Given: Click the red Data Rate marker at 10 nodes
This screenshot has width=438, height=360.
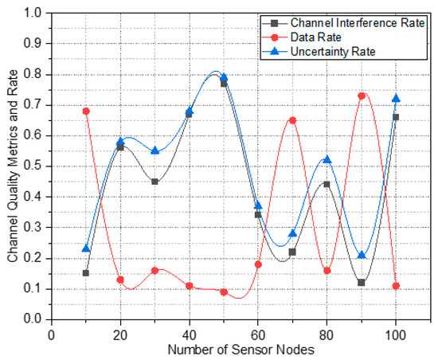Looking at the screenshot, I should [x=86, y=111].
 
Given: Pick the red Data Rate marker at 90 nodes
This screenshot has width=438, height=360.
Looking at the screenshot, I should [x=362, y=96].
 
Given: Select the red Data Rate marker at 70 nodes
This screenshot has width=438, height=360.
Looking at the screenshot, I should [x=292, y=120].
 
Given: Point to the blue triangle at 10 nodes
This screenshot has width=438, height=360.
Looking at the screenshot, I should [x=86, y=248].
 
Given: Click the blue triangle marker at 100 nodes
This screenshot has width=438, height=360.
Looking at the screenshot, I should [x=396, y=98].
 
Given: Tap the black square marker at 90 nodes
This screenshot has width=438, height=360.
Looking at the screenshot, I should [x=362, y=283].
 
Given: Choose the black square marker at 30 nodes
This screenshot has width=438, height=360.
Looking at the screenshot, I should [x=154, y=182].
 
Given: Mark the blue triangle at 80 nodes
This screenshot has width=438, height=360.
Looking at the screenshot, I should [x=327, y=159].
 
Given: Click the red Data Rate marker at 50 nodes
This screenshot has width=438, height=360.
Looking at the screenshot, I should [x=224, y=292].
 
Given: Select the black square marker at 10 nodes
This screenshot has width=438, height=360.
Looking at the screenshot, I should [x=86, y=273].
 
